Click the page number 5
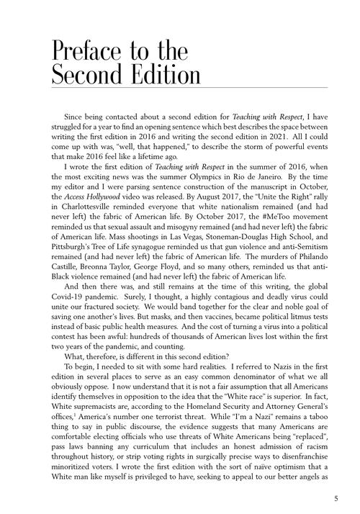pyautogui.click(x=336, y=497)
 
